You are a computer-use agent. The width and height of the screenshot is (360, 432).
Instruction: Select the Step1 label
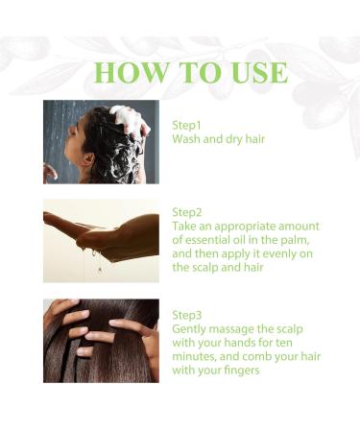[x=187, y=125]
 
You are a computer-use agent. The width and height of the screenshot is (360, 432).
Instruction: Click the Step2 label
[x=187, y=211]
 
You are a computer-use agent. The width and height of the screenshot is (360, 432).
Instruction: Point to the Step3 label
[x=187, y=314]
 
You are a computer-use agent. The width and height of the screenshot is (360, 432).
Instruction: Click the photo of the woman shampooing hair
[x=101, y=141]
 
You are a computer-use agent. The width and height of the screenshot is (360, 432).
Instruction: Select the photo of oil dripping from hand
[x=101, y=241]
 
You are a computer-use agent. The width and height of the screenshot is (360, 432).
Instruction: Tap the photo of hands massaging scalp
[x=101, y=341]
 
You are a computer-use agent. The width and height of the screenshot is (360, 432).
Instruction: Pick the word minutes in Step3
[x=197, y=355]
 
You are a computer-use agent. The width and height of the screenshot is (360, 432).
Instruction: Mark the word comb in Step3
[x=262, y=355]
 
